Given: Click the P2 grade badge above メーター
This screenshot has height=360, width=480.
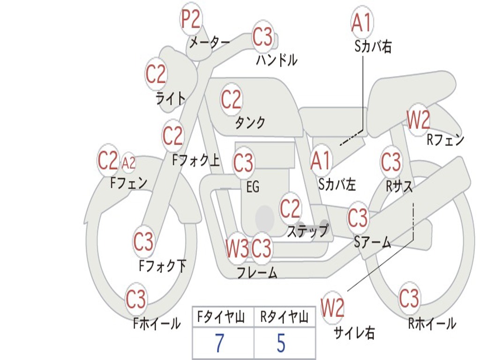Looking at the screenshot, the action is [x=191, y=19].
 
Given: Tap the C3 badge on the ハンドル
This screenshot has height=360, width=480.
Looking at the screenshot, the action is [x=262, y=37].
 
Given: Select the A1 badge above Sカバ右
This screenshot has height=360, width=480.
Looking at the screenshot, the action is [x=361, y=22].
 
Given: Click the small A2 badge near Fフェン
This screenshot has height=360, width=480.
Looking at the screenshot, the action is [x=128, y=163].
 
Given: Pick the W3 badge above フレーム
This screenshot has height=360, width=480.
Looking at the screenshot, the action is [x=237, y=248].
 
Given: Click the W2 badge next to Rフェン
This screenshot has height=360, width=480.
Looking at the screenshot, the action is [x=418, y=120].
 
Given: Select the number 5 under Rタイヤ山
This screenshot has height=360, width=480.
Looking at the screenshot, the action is [x=281, y=344].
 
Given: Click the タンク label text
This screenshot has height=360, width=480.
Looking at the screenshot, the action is [x=250, y=123].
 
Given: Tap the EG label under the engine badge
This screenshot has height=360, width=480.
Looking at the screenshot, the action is [x=253, y=187].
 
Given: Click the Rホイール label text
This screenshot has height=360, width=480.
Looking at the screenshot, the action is [x=432, y=323].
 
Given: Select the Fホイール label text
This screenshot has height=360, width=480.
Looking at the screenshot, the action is [x=157, y=323].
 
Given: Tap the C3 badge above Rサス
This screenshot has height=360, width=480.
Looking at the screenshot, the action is [x=391, y=162].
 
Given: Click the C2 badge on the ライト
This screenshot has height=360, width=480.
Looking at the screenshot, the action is [x=156, y=75].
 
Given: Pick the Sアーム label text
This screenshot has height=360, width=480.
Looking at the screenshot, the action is [x=373, y=242].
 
